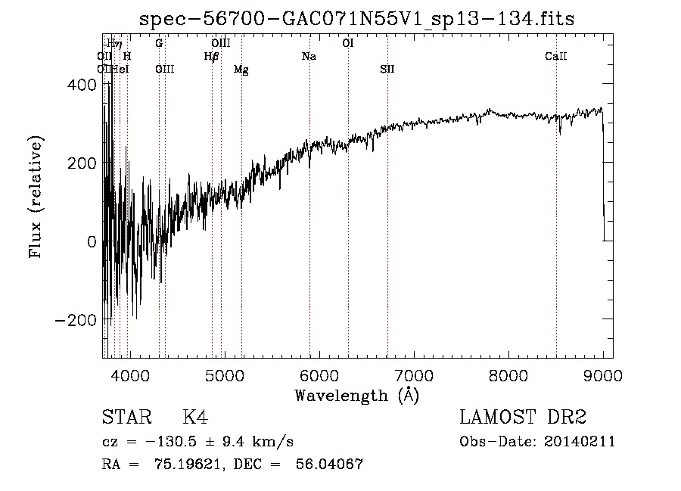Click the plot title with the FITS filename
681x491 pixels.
[362, 20]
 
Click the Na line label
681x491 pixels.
[309, 57]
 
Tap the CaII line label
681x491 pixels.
[556, 57]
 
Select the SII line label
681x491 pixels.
[387, 70]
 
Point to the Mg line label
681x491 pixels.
[241, 70]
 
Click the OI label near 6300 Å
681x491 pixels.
[348, 44]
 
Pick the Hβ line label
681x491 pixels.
[211, 57]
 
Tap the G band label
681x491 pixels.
[159, 44]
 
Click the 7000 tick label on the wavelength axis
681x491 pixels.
[413, 375]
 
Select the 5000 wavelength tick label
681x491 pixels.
[224, 375]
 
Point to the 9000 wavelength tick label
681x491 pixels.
[602, 375]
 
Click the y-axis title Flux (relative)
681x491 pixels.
[36, 197]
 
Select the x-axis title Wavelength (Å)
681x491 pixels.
[356, 395]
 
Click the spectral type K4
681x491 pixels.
[195, 418]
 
